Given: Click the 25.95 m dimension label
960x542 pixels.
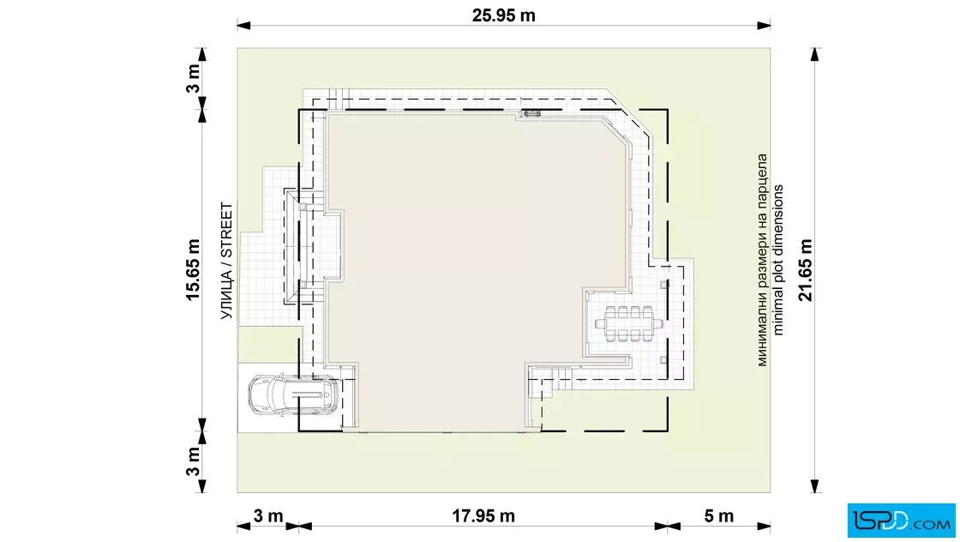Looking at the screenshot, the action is (503, 15).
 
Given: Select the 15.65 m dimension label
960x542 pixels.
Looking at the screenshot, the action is (193, 270).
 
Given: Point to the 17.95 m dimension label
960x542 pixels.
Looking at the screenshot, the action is (483, 516).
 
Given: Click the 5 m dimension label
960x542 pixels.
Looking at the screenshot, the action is (718, 516).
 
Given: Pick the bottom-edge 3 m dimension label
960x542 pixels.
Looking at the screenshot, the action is (268, 516).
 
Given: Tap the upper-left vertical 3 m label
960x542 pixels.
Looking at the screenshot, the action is (193, 78).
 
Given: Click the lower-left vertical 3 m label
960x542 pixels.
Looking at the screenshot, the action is (193, 461).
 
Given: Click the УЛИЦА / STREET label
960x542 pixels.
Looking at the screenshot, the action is (226, 261).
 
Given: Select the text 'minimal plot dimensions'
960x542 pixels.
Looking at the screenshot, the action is (777, 260).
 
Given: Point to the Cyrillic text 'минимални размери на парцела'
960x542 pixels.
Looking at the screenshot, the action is (762, 261).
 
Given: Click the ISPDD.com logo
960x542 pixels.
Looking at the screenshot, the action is (901, 521).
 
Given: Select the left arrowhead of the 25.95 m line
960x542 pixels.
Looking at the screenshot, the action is (243, 26).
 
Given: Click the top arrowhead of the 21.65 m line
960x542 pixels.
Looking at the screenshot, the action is (814, 55).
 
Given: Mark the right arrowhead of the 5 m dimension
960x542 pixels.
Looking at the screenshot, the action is (764, 526).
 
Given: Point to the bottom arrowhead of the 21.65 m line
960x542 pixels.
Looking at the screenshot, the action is (814, 485).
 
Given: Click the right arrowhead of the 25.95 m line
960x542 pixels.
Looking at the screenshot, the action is (764, 26).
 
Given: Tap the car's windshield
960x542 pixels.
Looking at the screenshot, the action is (275, 395).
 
